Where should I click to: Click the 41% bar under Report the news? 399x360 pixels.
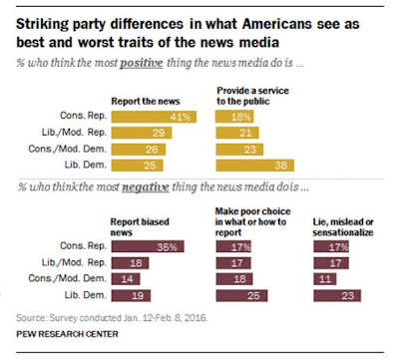[x=154, y=117]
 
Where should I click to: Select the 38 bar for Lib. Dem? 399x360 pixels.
[x=255, y=166]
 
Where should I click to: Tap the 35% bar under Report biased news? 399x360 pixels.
[x=148, y=246]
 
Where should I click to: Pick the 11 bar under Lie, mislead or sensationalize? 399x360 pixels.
[x=325, y=279]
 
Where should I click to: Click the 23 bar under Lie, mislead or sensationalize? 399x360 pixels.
[x=337, y=295]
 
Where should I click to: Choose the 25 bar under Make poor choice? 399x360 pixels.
[x=241, y=295]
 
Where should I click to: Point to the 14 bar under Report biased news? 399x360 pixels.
[x=126, y=279]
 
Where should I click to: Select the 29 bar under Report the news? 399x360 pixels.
[x=142, y=133]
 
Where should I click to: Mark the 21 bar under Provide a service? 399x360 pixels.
[x=237, y=133]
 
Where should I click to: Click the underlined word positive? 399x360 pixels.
[x=142, y=63]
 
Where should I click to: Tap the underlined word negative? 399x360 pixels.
[x=146, y=187]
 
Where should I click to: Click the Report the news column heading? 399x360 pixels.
[x=146, y=101]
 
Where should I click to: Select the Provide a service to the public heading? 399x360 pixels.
[x=252, y=96]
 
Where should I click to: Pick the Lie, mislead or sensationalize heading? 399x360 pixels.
[x=343, y=227]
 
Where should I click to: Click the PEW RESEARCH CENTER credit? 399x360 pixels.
[x=67, y=334]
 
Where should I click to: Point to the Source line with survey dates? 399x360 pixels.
[x=112, y=318]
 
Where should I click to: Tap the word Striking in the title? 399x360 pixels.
[x=43, y=24]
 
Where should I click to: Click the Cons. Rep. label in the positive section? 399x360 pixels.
[x=83, y=116]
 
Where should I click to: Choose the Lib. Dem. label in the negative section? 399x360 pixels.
[x=86, y=295]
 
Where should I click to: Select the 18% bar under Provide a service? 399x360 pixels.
[x=234, y=117]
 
